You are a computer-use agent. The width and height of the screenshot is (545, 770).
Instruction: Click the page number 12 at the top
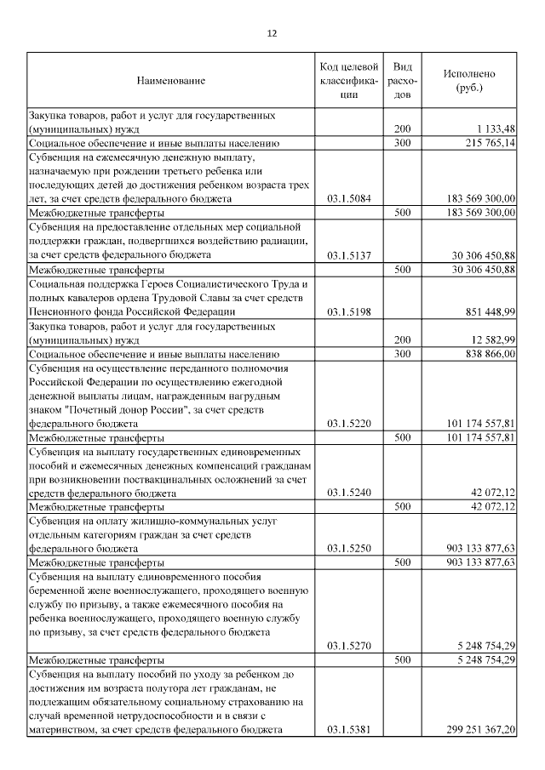[x=272, y=33]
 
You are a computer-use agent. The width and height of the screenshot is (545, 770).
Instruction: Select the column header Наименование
[x=171, y=81]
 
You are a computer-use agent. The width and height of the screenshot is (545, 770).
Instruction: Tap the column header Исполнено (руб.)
[x=468, y=81]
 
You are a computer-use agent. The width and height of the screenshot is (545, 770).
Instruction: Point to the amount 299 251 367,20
[x=480, y=729]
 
